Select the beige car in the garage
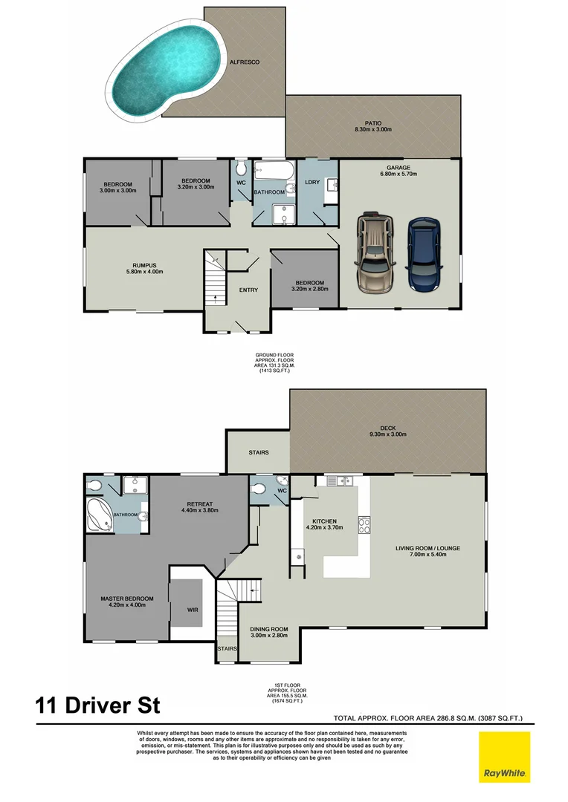(375, 255)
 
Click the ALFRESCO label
(244, 62)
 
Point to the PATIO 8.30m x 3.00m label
(372, 127)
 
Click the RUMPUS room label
(143, 268)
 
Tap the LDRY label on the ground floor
(312, 182)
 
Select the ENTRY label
(248, 290)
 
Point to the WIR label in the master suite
(193, 609)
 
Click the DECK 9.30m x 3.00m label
(388, 431)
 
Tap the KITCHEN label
(325, 524)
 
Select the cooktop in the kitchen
(364, 525)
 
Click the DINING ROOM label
(268, 633)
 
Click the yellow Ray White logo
(505, 757)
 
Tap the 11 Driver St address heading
(97, 704)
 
